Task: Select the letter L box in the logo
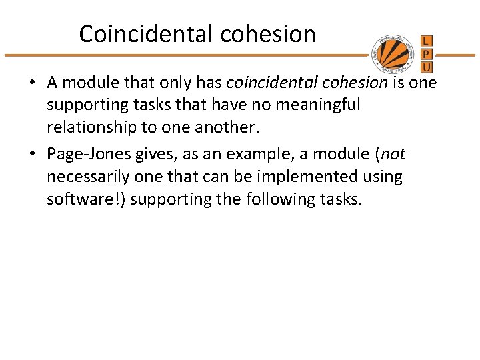click(x=427, y=41)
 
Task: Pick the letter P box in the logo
click(x=427, y=53)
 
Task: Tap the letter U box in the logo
click(x=427, y=66)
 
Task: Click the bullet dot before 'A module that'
click(x=32, y=84)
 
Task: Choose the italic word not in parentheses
click(x=393, y=155)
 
